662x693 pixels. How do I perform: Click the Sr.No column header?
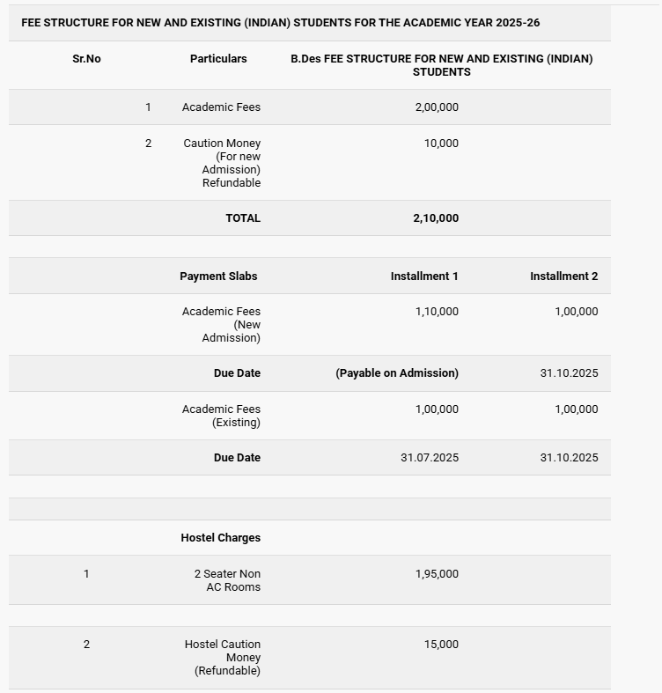coord(86,59)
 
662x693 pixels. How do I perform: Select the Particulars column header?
coord(218,59)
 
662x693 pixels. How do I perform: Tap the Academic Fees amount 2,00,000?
coord(437,107)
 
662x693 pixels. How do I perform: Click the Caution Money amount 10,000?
coord(441,144)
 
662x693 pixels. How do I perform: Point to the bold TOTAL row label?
coord(243,218)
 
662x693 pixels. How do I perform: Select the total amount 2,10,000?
coord(436,218)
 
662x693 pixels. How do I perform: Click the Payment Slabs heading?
coord(218,276)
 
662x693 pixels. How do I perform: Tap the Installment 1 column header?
coord(424,276)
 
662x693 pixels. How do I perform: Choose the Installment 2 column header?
coord(563,276)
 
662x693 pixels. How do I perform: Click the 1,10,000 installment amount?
coord(437,312)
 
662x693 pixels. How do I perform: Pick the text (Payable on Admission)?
coord(397,373)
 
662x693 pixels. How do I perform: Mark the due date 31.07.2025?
coord(430,458)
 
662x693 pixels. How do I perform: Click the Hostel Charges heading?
coord(221,538)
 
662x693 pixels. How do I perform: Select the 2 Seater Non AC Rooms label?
coord(227,580)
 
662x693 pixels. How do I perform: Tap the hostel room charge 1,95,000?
coord(437,574)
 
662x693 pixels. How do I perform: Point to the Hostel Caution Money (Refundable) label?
coord(223,658)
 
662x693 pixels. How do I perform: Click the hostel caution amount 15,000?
coord(441,645)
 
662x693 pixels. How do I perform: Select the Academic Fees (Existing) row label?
coord(221,416)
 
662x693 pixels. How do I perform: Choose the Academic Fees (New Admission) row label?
coord(221,324)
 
